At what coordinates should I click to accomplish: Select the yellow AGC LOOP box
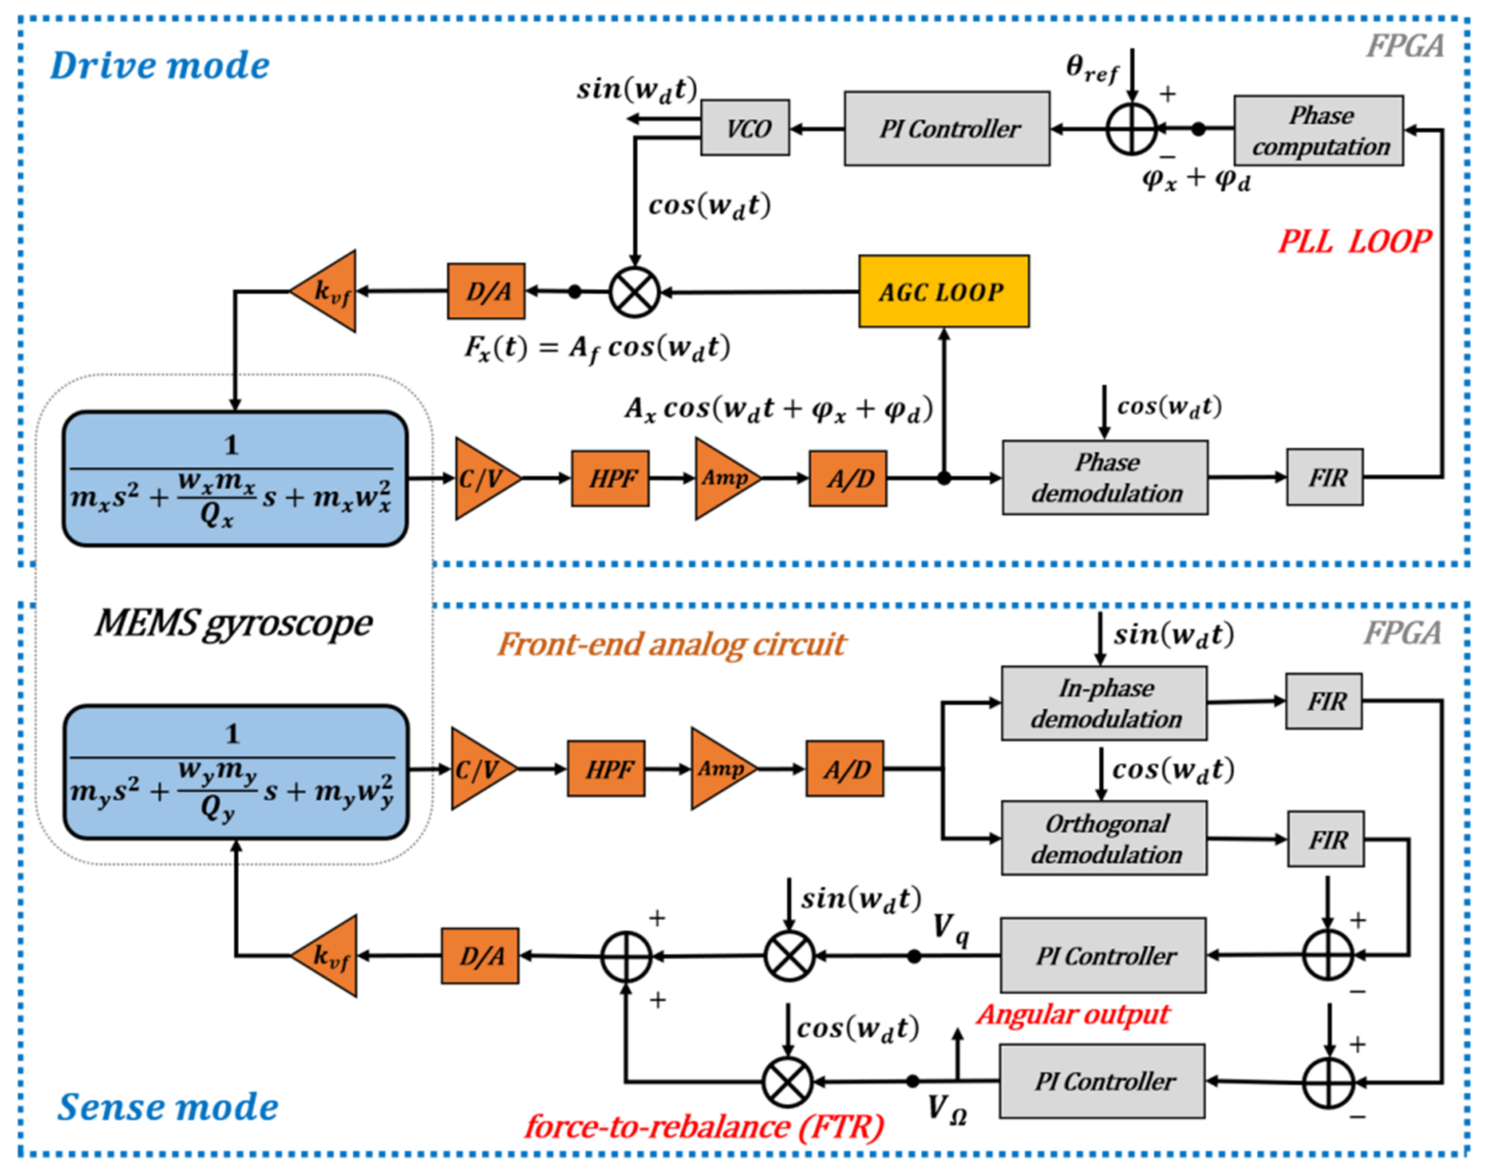tap(944, 291)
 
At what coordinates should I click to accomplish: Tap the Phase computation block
tap(1318, 131)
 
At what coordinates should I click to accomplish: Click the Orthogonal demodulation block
tap(1104, 838)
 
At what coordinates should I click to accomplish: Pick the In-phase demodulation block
tap(1104, 703)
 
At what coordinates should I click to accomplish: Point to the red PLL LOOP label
tap(1354, 242)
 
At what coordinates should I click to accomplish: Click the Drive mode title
tap(160, 66)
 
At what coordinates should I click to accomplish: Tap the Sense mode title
tap(168, 1107)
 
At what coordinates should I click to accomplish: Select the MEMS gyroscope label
tap(234, 624)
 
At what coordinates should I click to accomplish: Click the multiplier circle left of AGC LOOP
tap(634, 292)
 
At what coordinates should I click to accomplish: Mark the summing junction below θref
tap(1131, 129)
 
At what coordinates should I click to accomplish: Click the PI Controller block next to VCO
tap(947, 129)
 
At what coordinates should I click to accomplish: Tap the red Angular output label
tap(1073, 1015)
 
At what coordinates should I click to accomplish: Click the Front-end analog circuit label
tap(671, 644)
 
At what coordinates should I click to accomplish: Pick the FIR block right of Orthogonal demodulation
tap(1326, 839)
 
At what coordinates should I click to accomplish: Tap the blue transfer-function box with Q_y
tap(236, 772)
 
